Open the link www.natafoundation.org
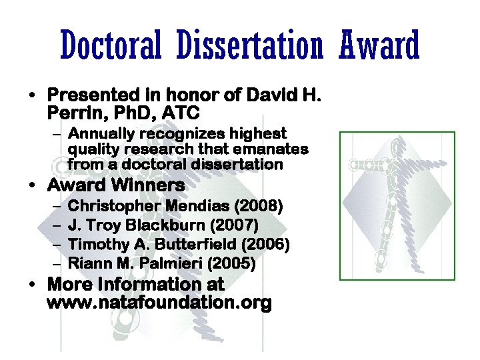159,304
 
